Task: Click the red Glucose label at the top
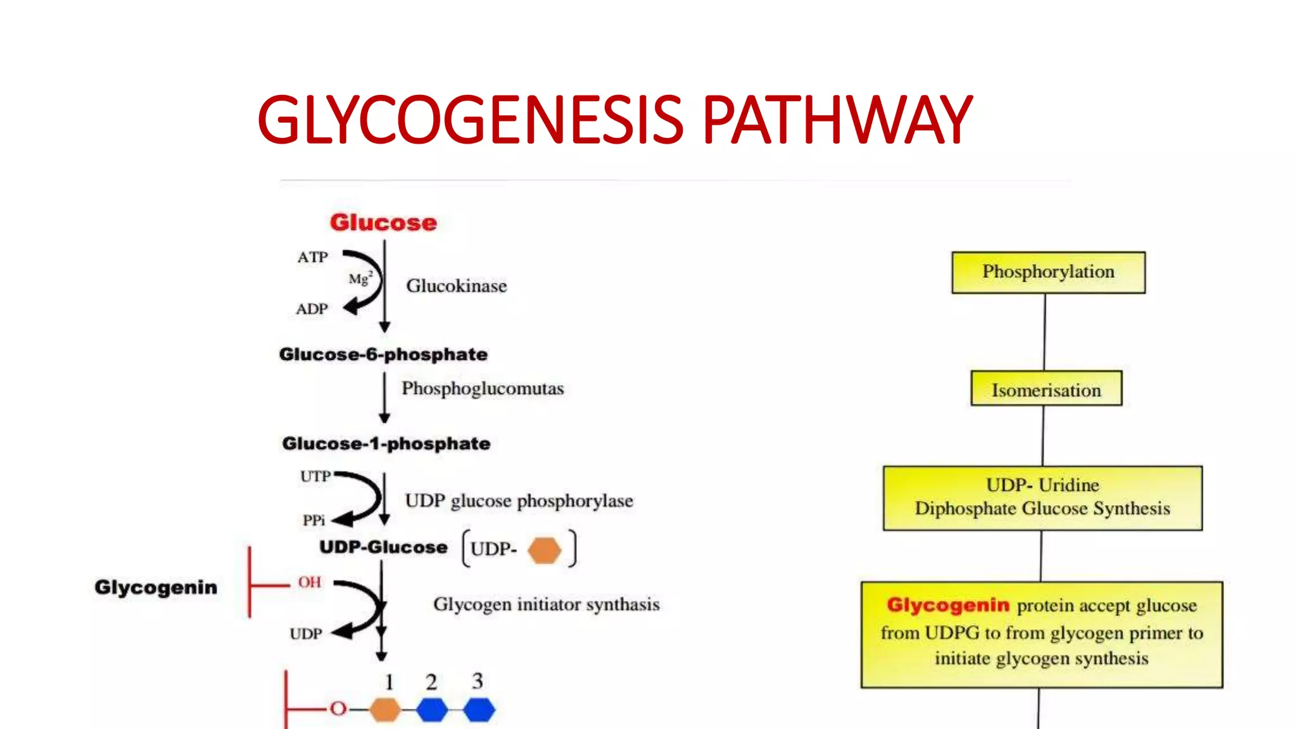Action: click(383, 223)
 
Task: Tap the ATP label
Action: click(313, 258)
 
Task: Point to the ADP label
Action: click(312, 309)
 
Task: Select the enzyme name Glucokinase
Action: click(456, 286)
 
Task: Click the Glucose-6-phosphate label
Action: click(383, 354)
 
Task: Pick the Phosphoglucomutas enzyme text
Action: click(483, 389)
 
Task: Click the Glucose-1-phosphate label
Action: click(386, 444)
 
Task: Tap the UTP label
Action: click(315, 477)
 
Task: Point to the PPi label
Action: click(313, 520)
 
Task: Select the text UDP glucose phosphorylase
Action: click(519, 501)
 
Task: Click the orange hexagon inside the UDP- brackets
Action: click(545, 550)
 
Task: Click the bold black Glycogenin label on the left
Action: click(156, 587)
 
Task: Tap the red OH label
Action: click(310, 582)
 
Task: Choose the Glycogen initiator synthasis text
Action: click(546, 604)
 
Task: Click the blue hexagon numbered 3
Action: click(479, 709)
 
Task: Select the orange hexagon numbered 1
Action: click(384, 709)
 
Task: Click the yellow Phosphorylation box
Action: click(1048, 272)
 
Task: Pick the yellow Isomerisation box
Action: click(1046, 389)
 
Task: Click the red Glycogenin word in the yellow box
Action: click(948, 605)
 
